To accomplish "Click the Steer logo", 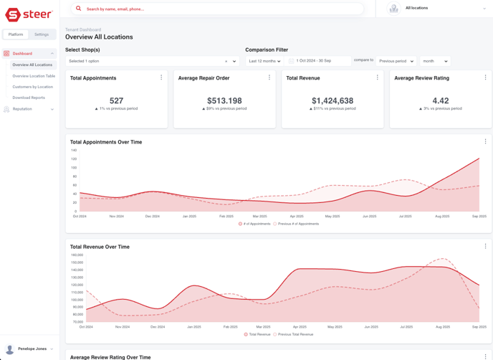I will tap(29, 15).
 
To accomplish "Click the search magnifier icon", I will tap(79, 9).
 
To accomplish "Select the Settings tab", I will tap(42, 34).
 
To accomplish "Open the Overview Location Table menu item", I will tap(34, 76).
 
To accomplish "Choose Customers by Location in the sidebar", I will tap(32, 87).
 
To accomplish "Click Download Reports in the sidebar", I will tap(29, 98).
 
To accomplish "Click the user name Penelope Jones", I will tap(32, 349).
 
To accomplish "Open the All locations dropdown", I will tap(437, 9).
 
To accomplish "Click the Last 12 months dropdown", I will tap(264, 61).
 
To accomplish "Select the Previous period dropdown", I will tap(396, 61).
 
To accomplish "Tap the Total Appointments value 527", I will tap(116, 101).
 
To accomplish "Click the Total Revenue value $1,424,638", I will tap(332, 101).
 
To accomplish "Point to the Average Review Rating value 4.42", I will tap(441, 101).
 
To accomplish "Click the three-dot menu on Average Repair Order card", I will tap(269, 77).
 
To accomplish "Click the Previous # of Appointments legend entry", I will tap(296, 224).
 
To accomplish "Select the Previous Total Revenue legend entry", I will tap(294, 334).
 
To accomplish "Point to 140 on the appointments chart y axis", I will tap(73, 151).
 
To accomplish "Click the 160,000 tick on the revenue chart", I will tap(77, 255).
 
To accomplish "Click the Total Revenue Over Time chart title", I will tap(100, 247).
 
